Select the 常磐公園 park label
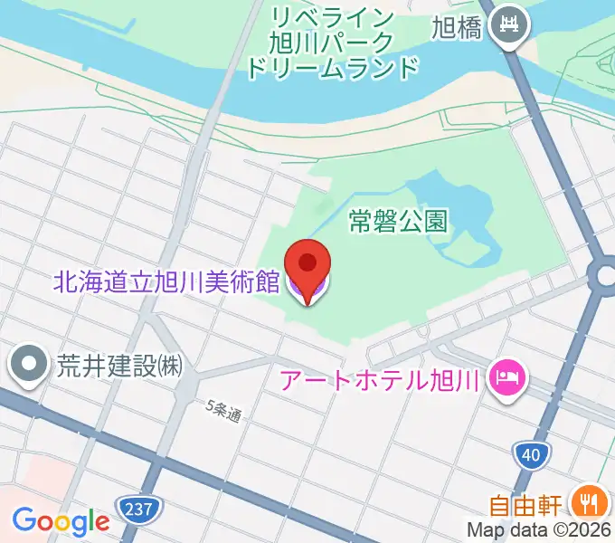click(x=398, y=220)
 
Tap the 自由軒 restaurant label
click(x=529, y=504)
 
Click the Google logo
click(x=61, y=521)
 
